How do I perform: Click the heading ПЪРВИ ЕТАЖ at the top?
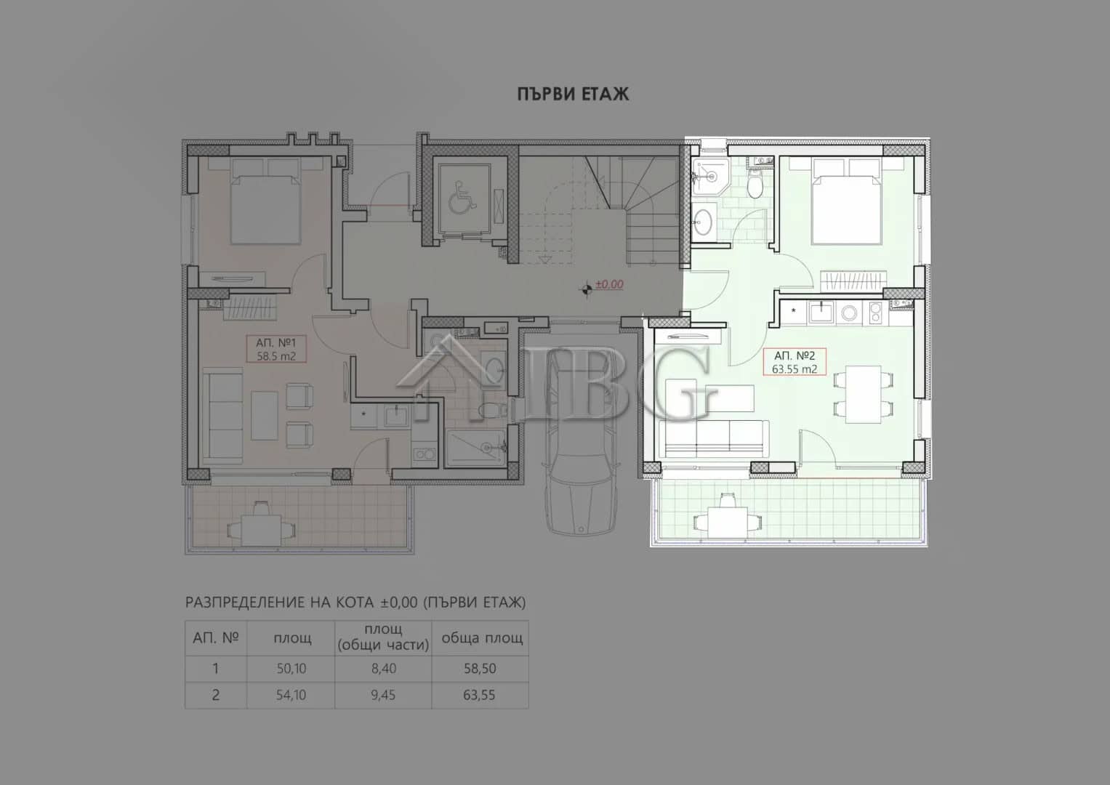pyautogui.click(x=573, y=94)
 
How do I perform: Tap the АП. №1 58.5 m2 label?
pyautogui.click(x=276, y=349)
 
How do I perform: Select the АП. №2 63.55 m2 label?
pyautogui.click(x=795, y=362)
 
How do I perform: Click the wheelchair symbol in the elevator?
pyautogui.click(x=462, y=198)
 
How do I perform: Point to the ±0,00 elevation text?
pyautogui.click(x=609, y=284)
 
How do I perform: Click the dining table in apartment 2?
pyautogui.click(x=864, y=395)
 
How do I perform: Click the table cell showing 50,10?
pyautogui.click(x=291, y=669)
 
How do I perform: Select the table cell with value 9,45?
pyautogui.click(x=384, y=695)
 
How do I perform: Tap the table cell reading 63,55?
pyautogui.click(x=479, y=695)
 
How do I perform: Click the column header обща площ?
pyautogui.click(x=482, y=638)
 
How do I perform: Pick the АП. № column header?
pyautogui.click(x=216, y=638)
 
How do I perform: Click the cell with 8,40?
pyautogui.click(x=384, y=669)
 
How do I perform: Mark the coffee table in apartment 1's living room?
pyautogui.click(x=264, y=416)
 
